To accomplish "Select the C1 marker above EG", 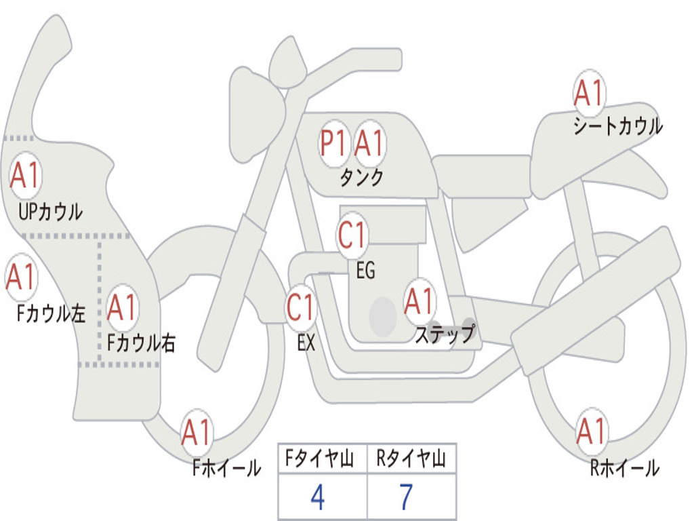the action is tap(352, 235).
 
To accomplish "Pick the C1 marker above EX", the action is tap(301, 307).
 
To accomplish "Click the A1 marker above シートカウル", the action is tap(589, 93).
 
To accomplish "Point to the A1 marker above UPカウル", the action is tap(26, 176).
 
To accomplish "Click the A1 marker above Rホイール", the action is tap(592, 431).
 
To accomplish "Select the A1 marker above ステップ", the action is tap(420, 302).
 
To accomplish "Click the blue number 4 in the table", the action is tap(318, 497).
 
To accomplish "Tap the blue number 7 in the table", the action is tap(406, 497).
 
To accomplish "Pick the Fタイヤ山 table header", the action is tap(320, 459).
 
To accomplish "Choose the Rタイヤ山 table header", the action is tap(411, 459).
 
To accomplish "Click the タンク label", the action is tap(362, 178).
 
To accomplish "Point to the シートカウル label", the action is tap(618, 126).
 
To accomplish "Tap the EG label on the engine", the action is tap(365, 270).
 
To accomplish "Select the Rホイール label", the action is tap(624, 468).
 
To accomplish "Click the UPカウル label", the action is tap(50, 212).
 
